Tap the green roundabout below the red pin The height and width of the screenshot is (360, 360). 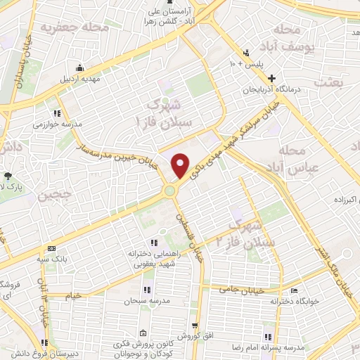[169, 191]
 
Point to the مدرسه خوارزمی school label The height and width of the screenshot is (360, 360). [57, 124]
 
